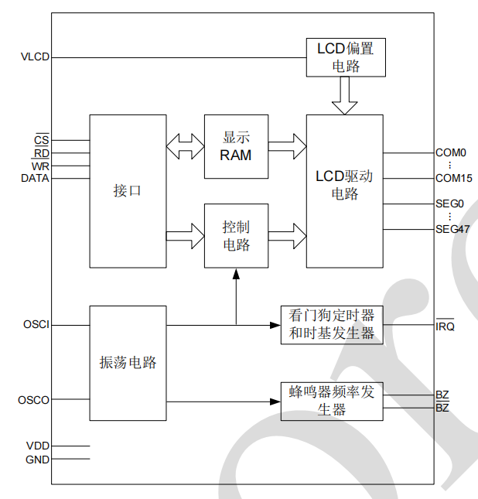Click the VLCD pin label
(x=35, y=57)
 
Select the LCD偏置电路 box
(x=345, y=57)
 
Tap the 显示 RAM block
(x=236, y=146)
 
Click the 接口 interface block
(x=128, y=191)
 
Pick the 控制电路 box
(x=236, y=236)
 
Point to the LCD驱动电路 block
(x=345, y=191)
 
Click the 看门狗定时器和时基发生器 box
(x=331, y=325)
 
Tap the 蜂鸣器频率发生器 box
(x=331, y=401)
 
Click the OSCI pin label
(x=36, y=325)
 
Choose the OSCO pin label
(x=34, y=401)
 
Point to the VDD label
(x=37, y=446)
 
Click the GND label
(x=37, y=459)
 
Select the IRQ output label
(x=445, y=326)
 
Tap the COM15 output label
(x=453, y=178)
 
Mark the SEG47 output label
(x=452, y=230)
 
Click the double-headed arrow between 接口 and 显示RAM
(x=185, y=146)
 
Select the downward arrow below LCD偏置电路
(x=345, y=95)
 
